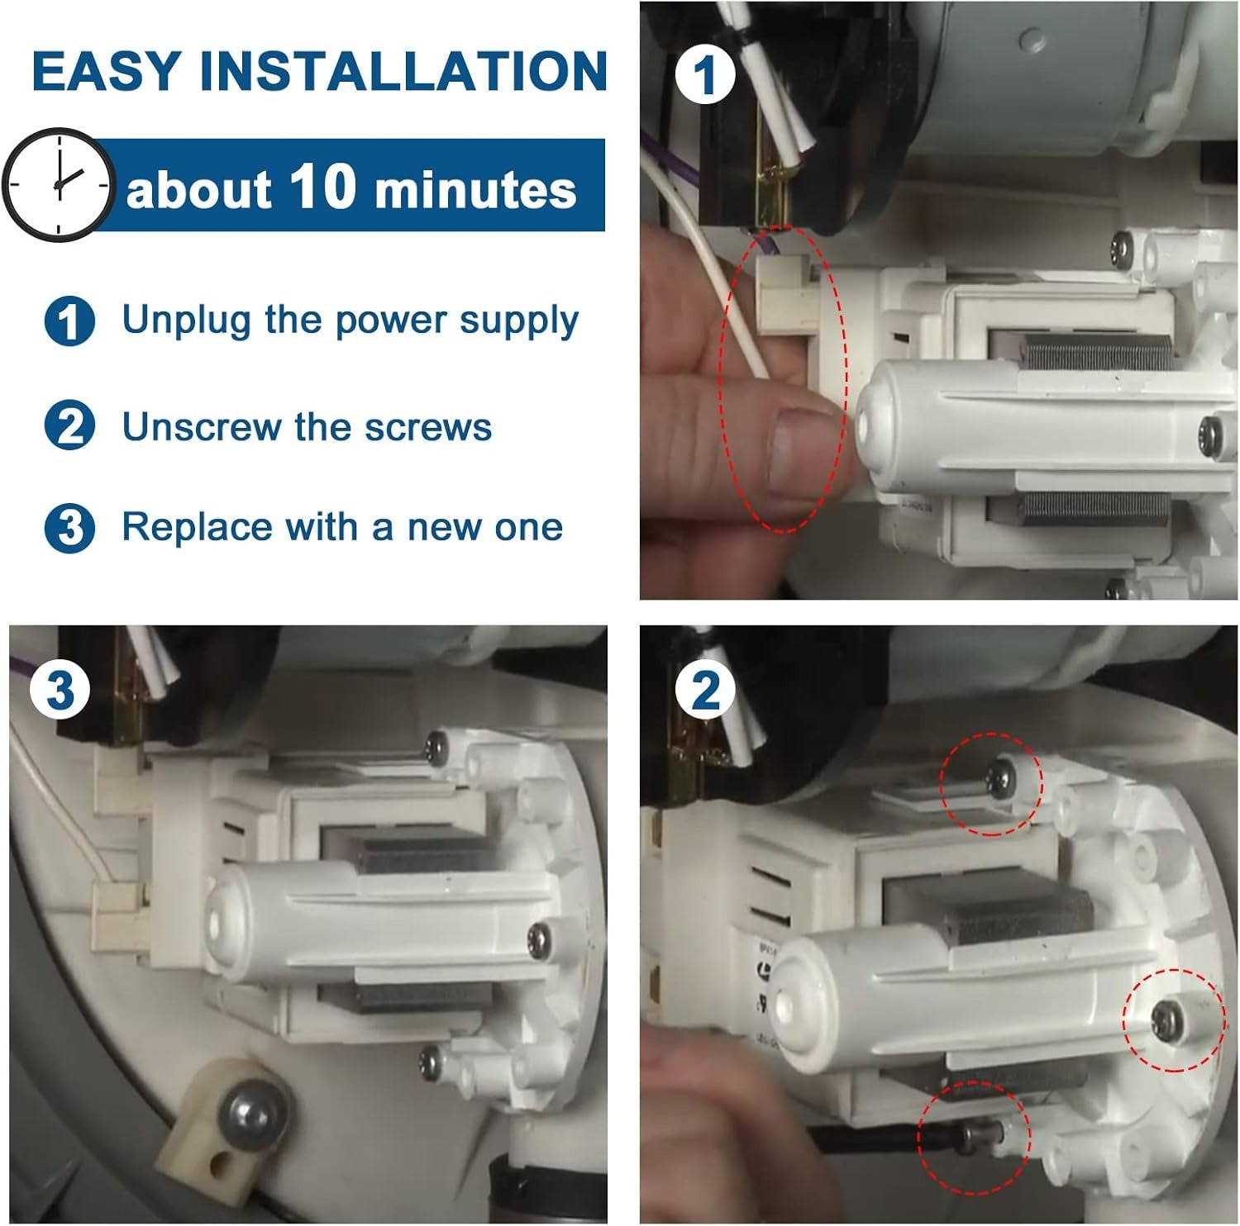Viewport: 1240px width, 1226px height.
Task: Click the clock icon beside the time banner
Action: (x=58, y=185)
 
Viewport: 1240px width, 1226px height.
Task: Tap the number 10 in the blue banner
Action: (x=322, y=186)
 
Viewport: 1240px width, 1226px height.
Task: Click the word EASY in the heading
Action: (x=106, y=71)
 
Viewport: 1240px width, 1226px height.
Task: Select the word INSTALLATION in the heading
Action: (x=403, y=71)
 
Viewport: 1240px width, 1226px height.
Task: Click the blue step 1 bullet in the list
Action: (x=69, y=321)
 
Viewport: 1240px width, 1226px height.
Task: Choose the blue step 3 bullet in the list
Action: (x=69, y=528)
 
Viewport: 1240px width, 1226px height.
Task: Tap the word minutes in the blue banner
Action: (x=475, y=190)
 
